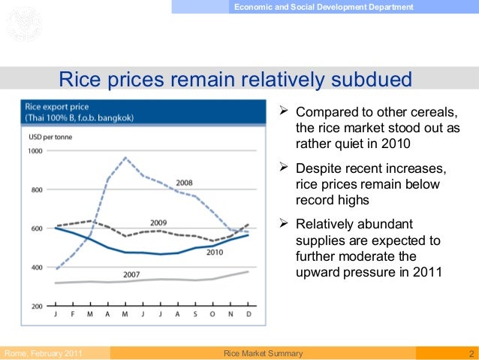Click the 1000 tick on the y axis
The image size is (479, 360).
point(35,151)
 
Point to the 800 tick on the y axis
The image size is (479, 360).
point(37,189)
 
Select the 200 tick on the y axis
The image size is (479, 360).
point(37,307)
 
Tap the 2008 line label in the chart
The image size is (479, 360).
point(185,183)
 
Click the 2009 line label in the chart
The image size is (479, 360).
point(157,222)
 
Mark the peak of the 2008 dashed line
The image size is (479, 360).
point(125,158)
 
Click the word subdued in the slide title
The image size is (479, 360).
point(368,79)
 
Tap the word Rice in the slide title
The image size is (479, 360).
point(78,79)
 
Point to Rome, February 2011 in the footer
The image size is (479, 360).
point(44,353)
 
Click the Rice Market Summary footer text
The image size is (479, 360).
point(263,353)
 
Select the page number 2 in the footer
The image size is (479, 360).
point(470,353)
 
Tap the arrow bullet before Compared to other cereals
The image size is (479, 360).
point(283,113)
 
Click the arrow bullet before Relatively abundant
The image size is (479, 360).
point(283,224)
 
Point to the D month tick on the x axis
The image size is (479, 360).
point(248,314)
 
